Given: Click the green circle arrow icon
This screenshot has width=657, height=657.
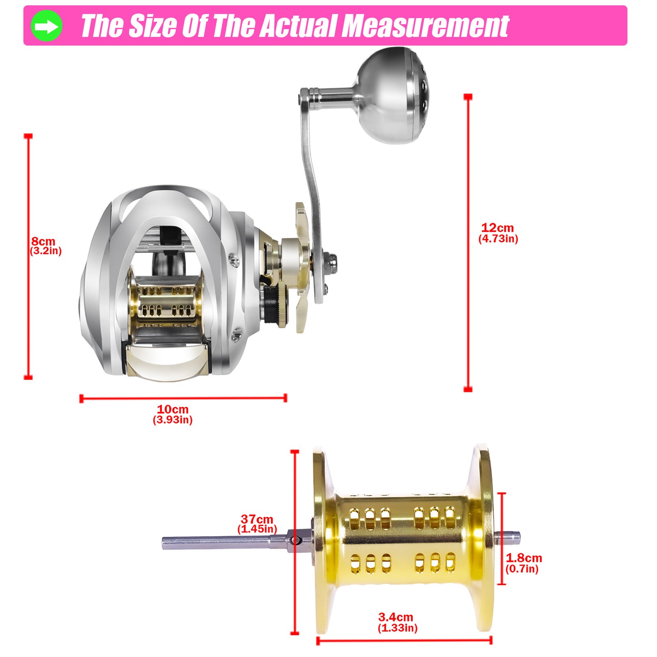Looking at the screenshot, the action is click(x=46, y=25).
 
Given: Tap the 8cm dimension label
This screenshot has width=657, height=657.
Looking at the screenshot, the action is click(x=43, y=241).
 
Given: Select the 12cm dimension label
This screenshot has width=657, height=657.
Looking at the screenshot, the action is click(x=497, y=227).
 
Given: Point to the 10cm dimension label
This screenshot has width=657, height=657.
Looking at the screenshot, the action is click(x=172, y=409).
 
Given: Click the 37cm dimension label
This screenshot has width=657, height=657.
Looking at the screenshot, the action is click(x=257, y=519).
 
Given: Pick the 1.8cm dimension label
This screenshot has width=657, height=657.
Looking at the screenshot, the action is click(x=524, y=558).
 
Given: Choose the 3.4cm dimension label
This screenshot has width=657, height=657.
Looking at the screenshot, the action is click(x=396, y=617).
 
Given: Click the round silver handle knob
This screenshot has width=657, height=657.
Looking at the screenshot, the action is click(x=392, y=95).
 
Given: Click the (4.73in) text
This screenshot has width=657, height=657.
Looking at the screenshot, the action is click(x=498, y=239).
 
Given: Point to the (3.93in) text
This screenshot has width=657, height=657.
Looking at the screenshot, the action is click(x=172, y=420).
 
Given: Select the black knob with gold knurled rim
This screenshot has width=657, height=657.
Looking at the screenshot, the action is click(x=275, y=305).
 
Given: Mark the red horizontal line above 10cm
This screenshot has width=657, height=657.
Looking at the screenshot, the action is click(x=183, y=398).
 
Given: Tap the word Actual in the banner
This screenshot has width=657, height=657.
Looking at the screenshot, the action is click(x=299, y=26).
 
